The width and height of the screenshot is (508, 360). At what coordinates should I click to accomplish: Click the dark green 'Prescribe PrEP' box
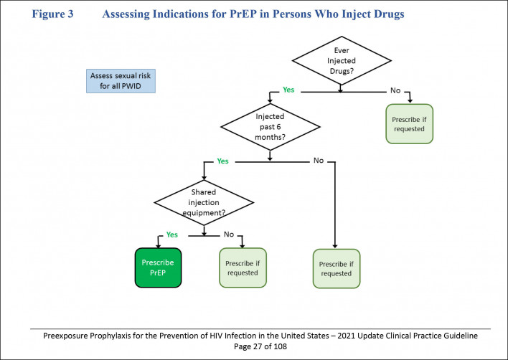click(159, 267)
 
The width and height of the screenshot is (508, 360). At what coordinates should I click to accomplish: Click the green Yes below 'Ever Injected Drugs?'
click(288, 91)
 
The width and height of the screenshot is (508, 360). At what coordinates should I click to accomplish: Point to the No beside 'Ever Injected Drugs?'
click(395, 91)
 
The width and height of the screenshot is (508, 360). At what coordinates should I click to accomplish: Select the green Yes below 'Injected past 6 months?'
click(222, 161)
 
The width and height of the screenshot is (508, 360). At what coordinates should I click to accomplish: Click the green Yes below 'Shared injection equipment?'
click(172, 234)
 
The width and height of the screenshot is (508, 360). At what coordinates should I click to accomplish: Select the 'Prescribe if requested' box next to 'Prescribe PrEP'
click(242, 267)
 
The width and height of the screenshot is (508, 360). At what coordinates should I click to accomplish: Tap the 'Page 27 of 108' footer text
click(253, 347)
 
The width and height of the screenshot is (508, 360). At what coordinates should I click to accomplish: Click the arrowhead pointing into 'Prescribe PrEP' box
click(159, 245)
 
